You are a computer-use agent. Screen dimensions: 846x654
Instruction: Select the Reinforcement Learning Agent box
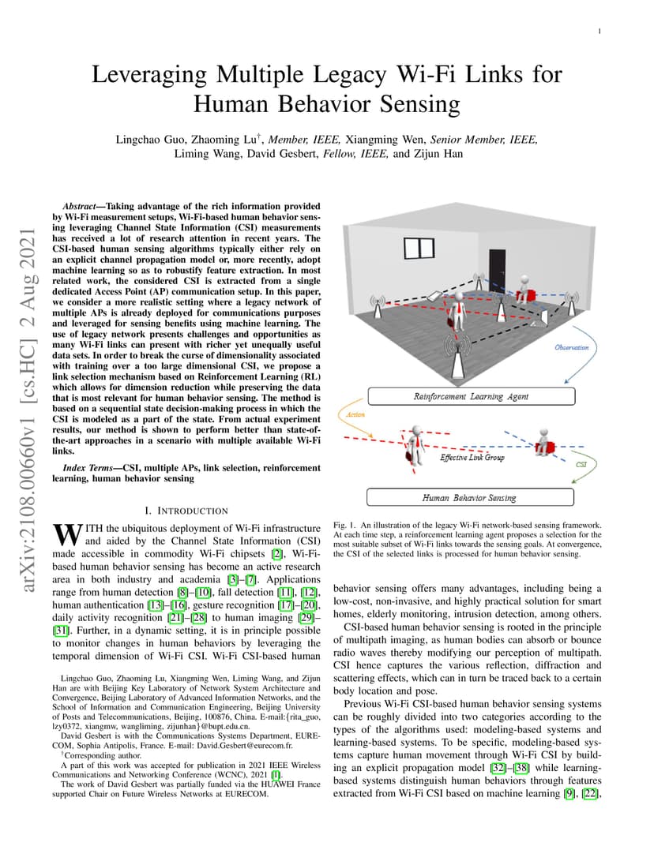tap(471, 396)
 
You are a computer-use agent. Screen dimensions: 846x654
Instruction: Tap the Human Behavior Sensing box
tap(470, 498)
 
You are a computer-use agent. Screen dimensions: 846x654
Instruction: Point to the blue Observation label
tap(573, 348)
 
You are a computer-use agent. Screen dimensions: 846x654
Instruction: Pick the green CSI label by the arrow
tap(581, 465)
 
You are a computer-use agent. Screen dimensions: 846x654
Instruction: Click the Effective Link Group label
tap(472, 457)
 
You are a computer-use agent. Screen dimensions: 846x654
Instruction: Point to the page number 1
tap(600, 32)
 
